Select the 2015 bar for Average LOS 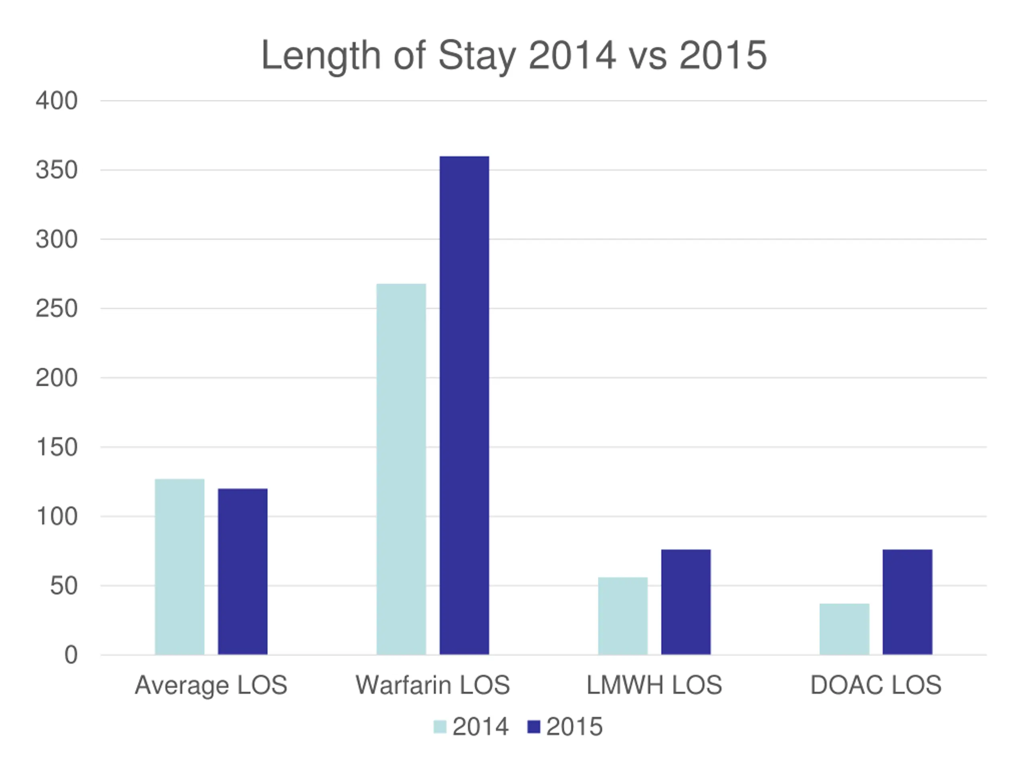tap(242, 571)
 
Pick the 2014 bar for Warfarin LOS tap(401, 469)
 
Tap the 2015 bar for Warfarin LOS tap(464, 405)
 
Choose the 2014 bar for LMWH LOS tap(622, 616)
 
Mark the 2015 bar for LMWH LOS tap(686, 602)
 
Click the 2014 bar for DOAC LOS tap(844, 629)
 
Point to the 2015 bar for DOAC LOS tap(907, 602)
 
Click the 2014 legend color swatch tap(440, 727)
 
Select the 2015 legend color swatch tap(534, 727)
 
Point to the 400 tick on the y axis tap(57, 101)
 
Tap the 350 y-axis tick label tap(57, 170)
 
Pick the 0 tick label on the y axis tap(71, 655)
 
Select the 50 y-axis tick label tap(64, 586)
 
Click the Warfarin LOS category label tap(433, 685)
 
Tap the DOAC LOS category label tap(876, 685)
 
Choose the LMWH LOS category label tap(654, 685)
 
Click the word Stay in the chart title tap(477, 56)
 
